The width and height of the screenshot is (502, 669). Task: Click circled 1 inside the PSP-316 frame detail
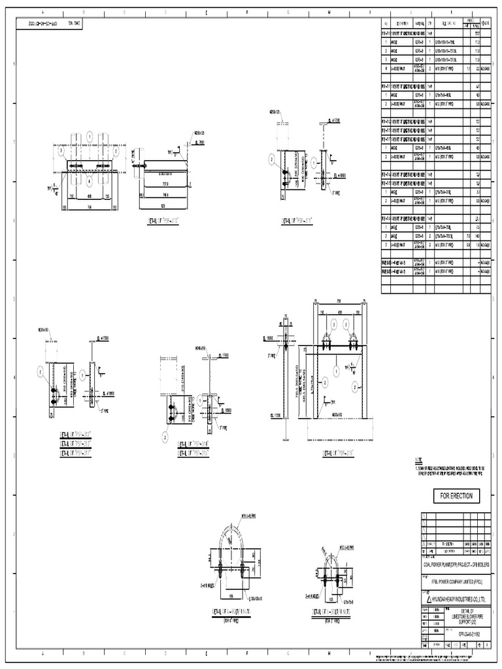pos(337,370)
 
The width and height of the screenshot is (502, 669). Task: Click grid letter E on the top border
pos(207,12)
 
